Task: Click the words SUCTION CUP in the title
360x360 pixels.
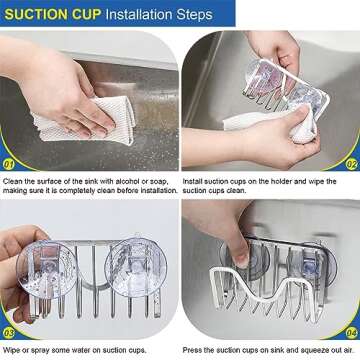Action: pos(53,14)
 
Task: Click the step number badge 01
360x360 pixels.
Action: pos(8,164)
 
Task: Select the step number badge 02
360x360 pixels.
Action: pos(351,164)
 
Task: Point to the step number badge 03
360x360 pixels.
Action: pos(8,333)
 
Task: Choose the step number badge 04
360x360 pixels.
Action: pos(351,333)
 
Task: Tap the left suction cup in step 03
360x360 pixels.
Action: pos(47,269)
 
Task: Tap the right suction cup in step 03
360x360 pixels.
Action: pos(136,267)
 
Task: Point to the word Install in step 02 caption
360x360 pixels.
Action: pos(192,182)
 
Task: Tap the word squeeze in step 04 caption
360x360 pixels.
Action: pos(309,351)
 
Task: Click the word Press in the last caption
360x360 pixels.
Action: pos(191,350)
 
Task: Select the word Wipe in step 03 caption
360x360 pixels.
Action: pos(11,351)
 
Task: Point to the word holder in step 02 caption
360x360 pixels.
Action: pos(290,182)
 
